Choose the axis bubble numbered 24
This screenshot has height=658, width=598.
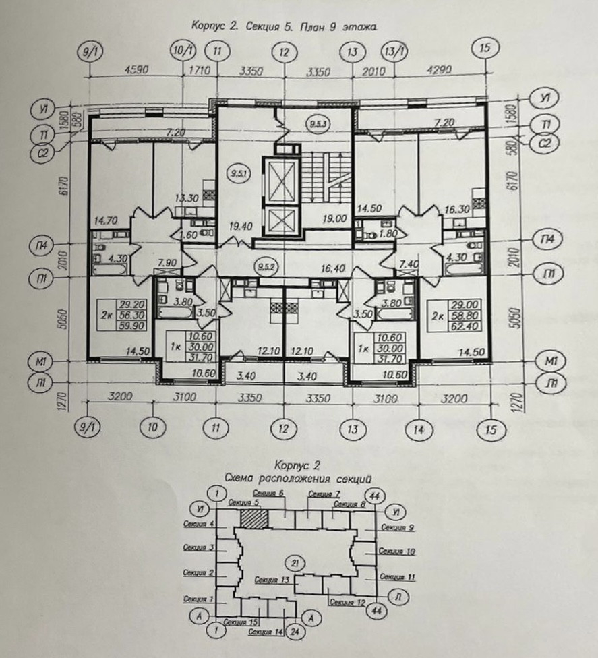[x=295, y=632]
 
